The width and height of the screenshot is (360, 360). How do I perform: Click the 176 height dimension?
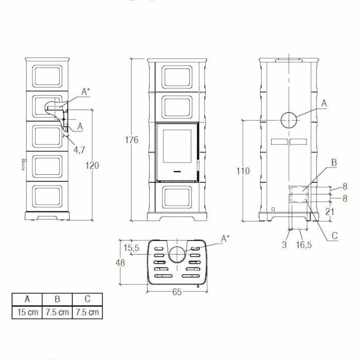pos(132,140)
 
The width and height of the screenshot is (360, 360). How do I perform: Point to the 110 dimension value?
pos(244,170)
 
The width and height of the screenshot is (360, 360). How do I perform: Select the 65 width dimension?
pos(176,292)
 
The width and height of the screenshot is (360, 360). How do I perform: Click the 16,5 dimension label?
pos(304,245)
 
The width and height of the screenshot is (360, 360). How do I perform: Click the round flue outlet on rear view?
pos(289,120)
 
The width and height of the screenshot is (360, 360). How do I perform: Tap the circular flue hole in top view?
pos(176,254)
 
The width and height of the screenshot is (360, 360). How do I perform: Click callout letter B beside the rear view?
pos(333,163)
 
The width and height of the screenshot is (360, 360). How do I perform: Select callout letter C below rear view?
pos(334,236)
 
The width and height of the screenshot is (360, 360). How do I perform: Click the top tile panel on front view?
pos(177,77)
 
